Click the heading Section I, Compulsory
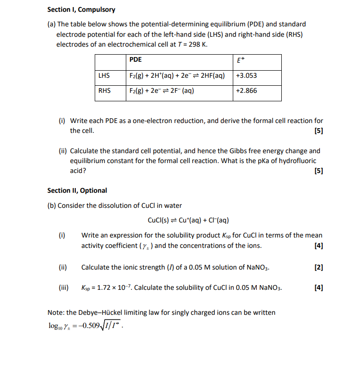(x=81, y=9)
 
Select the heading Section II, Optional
(x=77, y=190)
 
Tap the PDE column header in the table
(x=135, y=60)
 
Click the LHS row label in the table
(x=104, y=75)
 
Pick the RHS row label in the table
(x=104, y=90)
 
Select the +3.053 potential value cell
(x=246, y=75)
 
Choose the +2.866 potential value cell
(x=246, y=90)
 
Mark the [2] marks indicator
(x=319, y=267)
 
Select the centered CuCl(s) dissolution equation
(x=188, y=220)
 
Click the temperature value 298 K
(x=197, y=44)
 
